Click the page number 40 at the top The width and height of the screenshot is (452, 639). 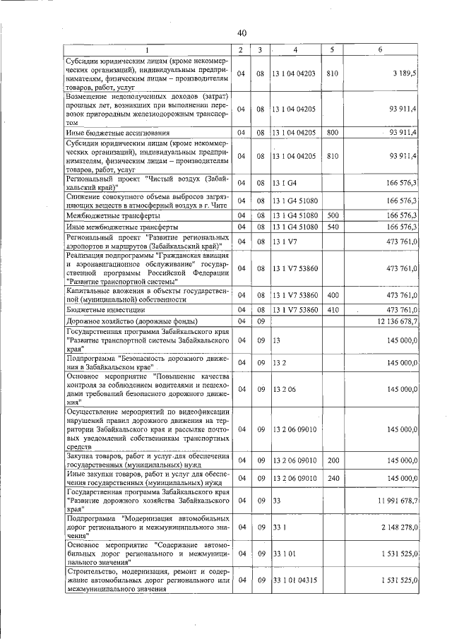[242, 33]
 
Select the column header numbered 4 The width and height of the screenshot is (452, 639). [296, 49]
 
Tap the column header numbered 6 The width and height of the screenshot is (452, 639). [380, 49]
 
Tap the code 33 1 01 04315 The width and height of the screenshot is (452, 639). [296, 580]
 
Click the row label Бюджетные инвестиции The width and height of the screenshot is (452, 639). [106, 309]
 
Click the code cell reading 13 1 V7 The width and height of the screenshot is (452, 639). [285, 241]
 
